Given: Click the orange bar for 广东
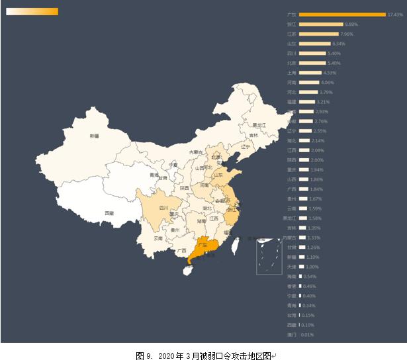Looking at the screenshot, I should tap(342, 15).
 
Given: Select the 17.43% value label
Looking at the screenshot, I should tap(395, 15).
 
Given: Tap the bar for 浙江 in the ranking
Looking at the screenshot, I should tap(321, 24).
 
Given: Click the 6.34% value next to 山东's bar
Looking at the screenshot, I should tap(339, 44).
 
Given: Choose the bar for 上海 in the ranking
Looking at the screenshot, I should tap(310, 73).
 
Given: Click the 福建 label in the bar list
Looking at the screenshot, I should tap(292, 102).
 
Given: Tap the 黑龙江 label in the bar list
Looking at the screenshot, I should tap(289, 218).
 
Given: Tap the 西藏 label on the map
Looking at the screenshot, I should tap(109, 213).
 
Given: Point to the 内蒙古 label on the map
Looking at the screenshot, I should tap(197, 152).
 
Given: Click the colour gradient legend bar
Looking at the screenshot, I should tap(32, 11).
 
